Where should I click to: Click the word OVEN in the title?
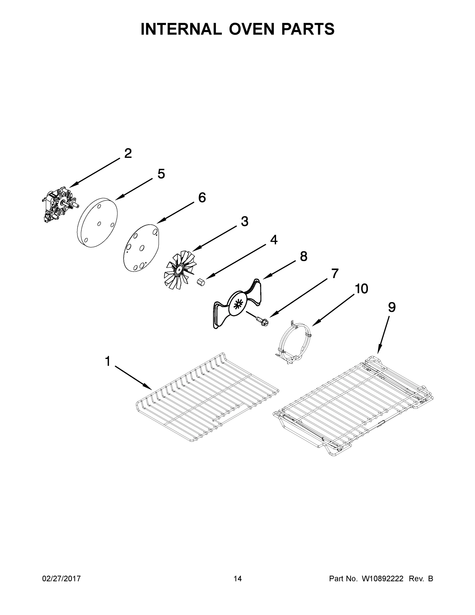251,29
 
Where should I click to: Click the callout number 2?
128,153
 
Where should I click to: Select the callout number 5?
161,174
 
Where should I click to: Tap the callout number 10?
361,289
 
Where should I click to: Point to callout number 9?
392,307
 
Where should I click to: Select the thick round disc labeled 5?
97,223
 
